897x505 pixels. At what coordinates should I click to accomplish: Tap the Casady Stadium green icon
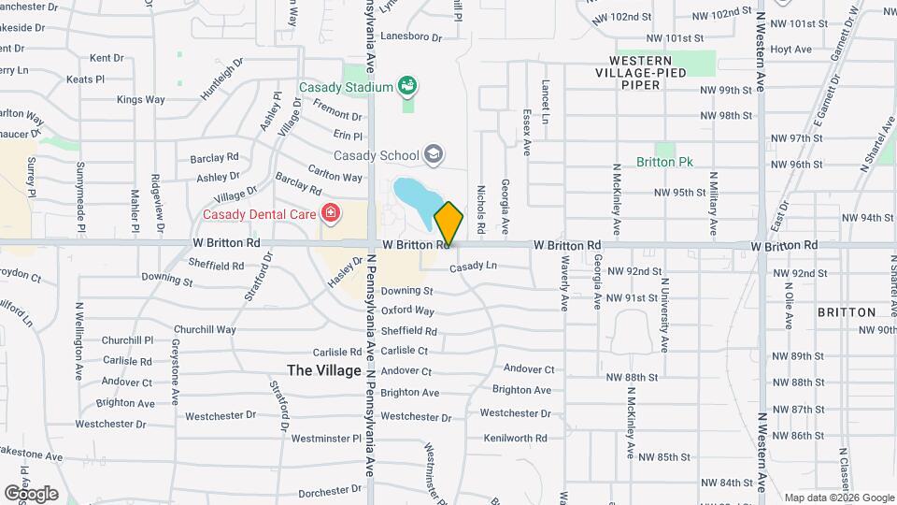(406, 87)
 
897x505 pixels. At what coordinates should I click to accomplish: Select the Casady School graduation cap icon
(433, 153)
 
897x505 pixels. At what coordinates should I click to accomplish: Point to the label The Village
(324, 370)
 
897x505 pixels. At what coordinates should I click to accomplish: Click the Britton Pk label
(664, 162)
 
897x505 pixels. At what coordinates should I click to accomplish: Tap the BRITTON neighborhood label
(846, 312)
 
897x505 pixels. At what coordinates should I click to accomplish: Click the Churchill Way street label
(205, 329)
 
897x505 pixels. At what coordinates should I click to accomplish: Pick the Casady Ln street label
(473, 267)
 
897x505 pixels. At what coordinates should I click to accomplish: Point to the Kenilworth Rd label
(515, 438)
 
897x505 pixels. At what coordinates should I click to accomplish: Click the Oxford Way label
(407, 310)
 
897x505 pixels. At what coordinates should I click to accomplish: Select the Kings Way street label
(140, 99)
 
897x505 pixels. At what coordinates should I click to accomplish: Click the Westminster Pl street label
(325, 438)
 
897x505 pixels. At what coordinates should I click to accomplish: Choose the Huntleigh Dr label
(221, 80)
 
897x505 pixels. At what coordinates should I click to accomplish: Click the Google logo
(31, 493)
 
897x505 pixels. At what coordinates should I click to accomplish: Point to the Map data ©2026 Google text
(838, 498)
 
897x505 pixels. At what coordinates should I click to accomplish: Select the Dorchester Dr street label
(329, 492)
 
